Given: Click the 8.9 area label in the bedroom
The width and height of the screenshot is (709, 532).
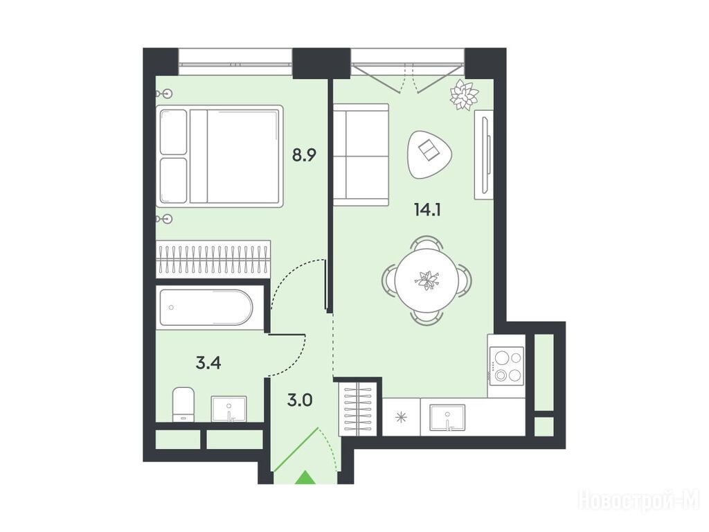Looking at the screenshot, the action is coord(304,155).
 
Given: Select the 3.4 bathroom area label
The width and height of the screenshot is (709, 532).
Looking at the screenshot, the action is coord(208,362).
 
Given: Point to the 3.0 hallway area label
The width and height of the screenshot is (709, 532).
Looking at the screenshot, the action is coord(300,400).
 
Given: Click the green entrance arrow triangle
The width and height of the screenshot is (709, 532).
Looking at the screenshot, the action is coord(306,478).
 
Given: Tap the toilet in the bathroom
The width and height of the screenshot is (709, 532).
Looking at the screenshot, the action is coord(183,404).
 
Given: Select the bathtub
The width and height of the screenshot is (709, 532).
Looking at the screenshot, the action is coord(206,307).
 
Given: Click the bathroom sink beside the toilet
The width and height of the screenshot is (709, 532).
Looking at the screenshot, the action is coord(229,409).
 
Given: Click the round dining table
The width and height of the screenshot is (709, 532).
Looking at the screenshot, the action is coord(426,279).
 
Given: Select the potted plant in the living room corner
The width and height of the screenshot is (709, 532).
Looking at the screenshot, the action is coord(464,94).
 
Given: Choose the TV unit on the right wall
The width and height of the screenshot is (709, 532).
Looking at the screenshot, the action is coord(484,154).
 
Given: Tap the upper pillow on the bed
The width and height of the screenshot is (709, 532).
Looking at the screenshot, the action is coord(174,132).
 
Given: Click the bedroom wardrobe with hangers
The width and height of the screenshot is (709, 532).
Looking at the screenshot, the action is coord(213,259).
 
